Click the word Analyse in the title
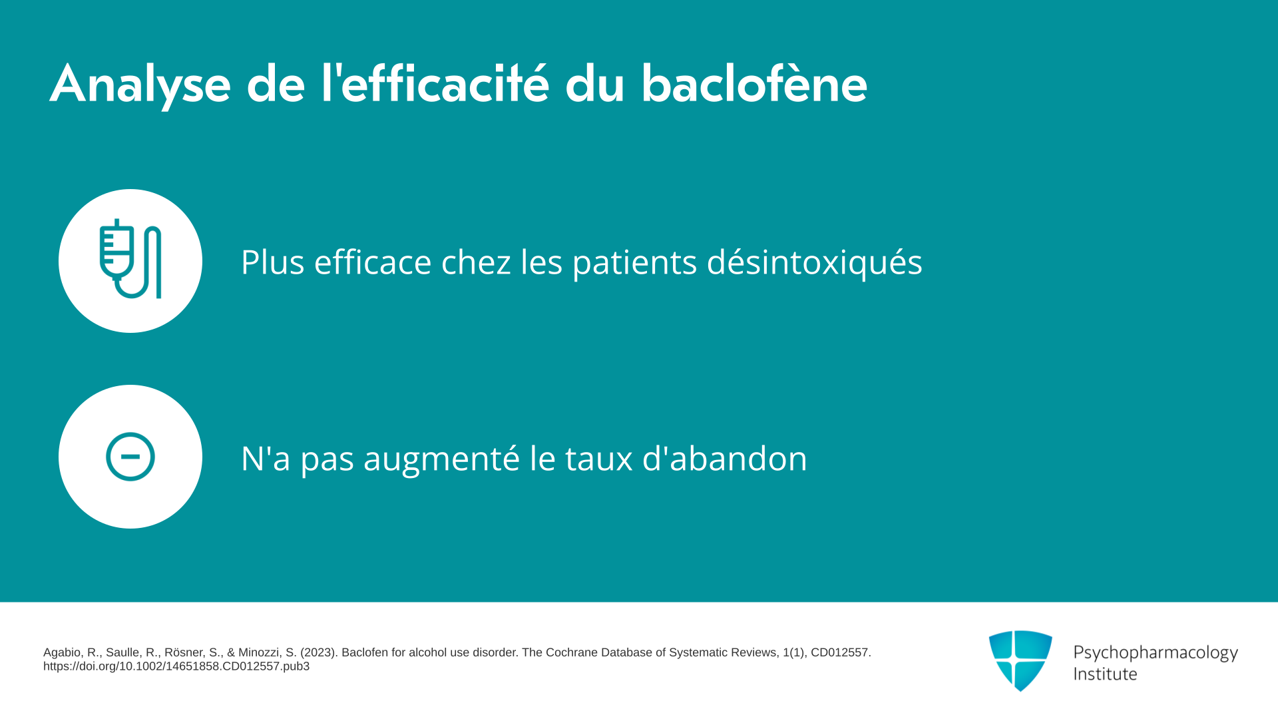[x=140, y=85]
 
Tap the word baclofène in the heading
[x=754, y=83]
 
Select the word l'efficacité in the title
[x=435, y=83]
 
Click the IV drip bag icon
[x=130, y=259]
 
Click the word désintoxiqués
[x=814, y=262]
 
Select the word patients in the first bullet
[x=634, y=262]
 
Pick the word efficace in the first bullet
[x=373, y=261]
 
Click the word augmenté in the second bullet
[x=441, y=459]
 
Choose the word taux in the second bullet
[x=598, y=459]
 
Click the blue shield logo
[x=1020, y=660]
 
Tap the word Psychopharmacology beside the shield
[x=1156, y=653]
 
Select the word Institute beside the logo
[x=1105, y=674]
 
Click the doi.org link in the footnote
[x=176, y=666]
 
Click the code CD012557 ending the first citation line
[x=840, y=652]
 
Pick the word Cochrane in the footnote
[x=571, y=652]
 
